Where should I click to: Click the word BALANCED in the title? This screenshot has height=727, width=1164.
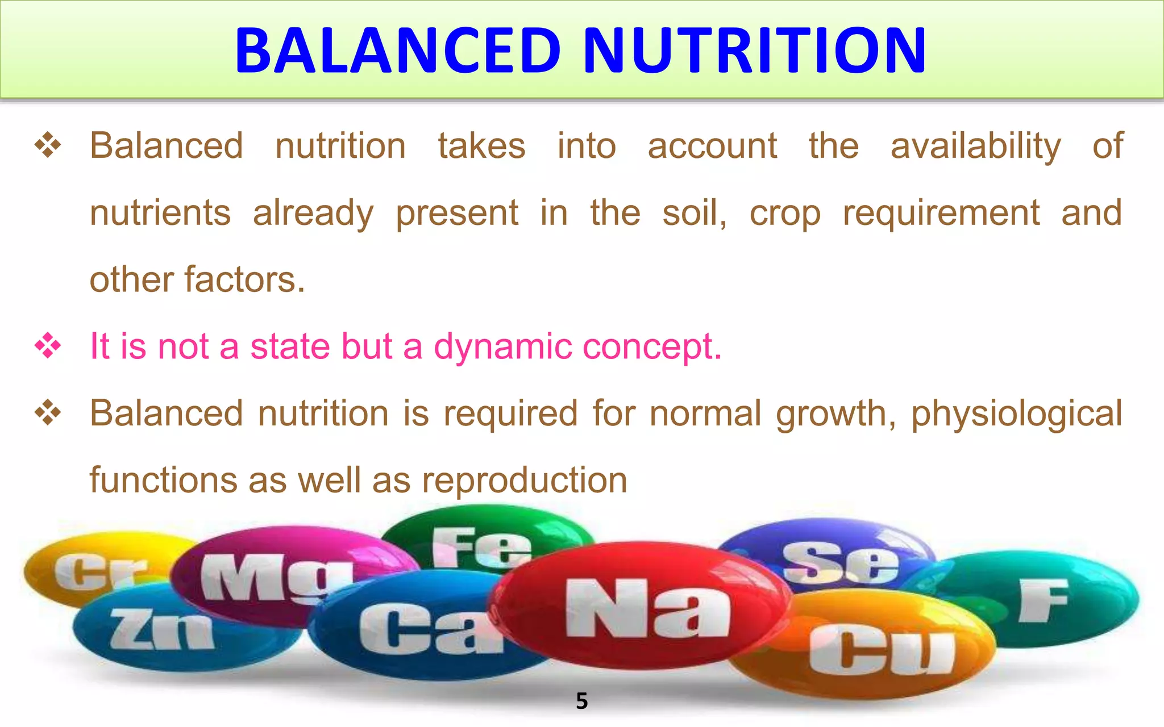coord(398,51)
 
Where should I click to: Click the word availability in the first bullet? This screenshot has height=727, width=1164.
coord(975,146)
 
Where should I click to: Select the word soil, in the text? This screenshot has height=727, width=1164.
coord(695,213)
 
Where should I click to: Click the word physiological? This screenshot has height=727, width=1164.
coord(1017,413)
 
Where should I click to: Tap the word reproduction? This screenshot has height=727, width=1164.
coord(524,481)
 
